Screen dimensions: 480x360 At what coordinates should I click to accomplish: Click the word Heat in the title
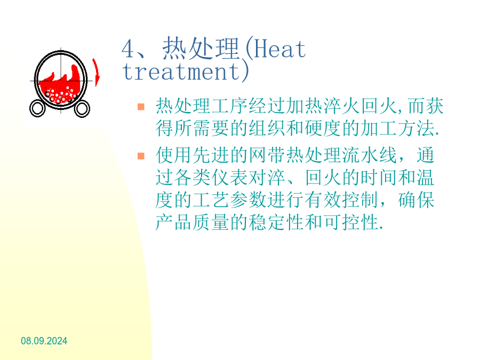pos(280,49)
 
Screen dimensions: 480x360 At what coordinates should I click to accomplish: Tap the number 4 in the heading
pos(128,49)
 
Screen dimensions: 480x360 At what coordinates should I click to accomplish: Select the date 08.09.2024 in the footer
pos(44,341)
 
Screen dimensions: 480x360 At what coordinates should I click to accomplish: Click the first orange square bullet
pos(141,107)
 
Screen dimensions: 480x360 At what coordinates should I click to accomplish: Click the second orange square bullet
pos(141,156)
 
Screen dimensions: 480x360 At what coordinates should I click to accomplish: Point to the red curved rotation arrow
pos(97,72)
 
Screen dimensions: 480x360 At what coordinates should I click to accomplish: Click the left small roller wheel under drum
pos(37,108)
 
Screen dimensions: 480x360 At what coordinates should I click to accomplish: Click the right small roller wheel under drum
pos(82,109)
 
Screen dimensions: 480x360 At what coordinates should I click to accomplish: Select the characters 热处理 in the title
pos(201,49)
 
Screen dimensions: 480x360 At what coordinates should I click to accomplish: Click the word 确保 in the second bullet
pos(416,200)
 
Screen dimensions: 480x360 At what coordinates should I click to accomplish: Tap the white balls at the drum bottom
pos(60,95)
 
